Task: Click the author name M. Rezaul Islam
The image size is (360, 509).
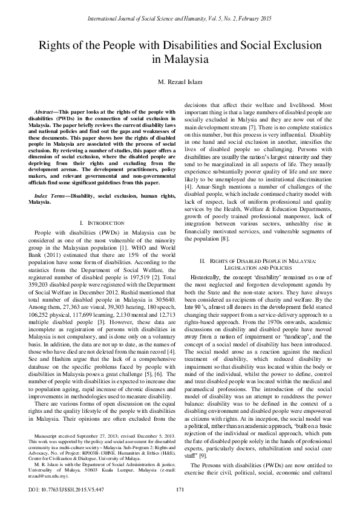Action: coord(180,83)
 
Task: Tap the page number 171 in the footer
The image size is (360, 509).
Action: coord(180,489)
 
